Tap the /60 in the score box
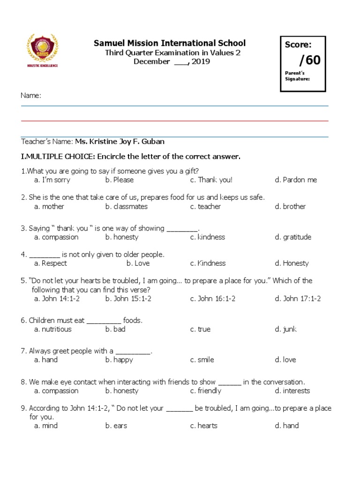click(x=303, y=60)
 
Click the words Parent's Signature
click(x=298, y=76)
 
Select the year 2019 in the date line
click(x=201, y=61)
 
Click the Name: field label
click(x=31, y=96)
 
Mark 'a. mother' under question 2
click(x=49, y=207)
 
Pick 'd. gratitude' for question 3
click(x=293, y=237)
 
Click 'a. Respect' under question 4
click(x=51, y=263)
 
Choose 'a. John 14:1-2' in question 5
click(x=57, y=299)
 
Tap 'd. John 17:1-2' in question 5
click(x=298, y=299)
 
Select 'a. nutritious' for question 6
click(x=53, y=330)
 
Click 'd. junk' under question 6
click(x=285, y=330)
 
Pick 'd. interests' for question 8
click(x=292, y=391)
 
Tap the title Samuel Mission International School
click(x=170, y=43)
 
